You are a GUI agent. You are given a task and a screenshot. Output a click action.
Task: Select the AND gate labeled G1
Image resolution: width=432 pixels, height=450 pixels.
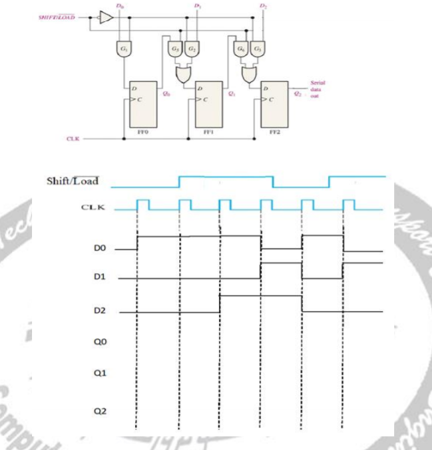click(124, 49)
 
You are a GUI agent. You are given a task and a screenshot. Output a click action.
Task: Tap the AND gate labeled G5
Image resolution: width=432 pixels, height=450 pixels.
click(175, 49)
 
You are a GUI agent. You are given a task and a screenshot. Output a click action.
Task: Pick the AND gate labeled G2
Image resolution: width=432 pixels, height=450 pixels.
click(191, 49)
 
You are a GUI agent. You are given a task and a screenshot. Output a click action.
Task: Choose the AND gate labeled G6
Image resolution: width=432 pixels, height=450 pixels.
click(241, 49)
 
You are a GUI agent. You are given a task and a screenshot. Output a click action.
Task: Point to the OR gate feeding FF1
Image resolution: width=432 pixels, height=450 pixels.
click(182, 72)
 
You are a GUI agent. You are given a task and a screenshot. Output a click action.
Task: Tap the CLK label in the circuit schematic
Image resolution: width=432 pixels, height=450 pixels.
click(73, 139)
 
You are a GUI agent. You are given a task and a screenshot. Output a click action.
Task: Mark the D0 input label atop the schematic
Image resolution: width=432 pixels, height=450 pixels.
click(118, 6)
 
